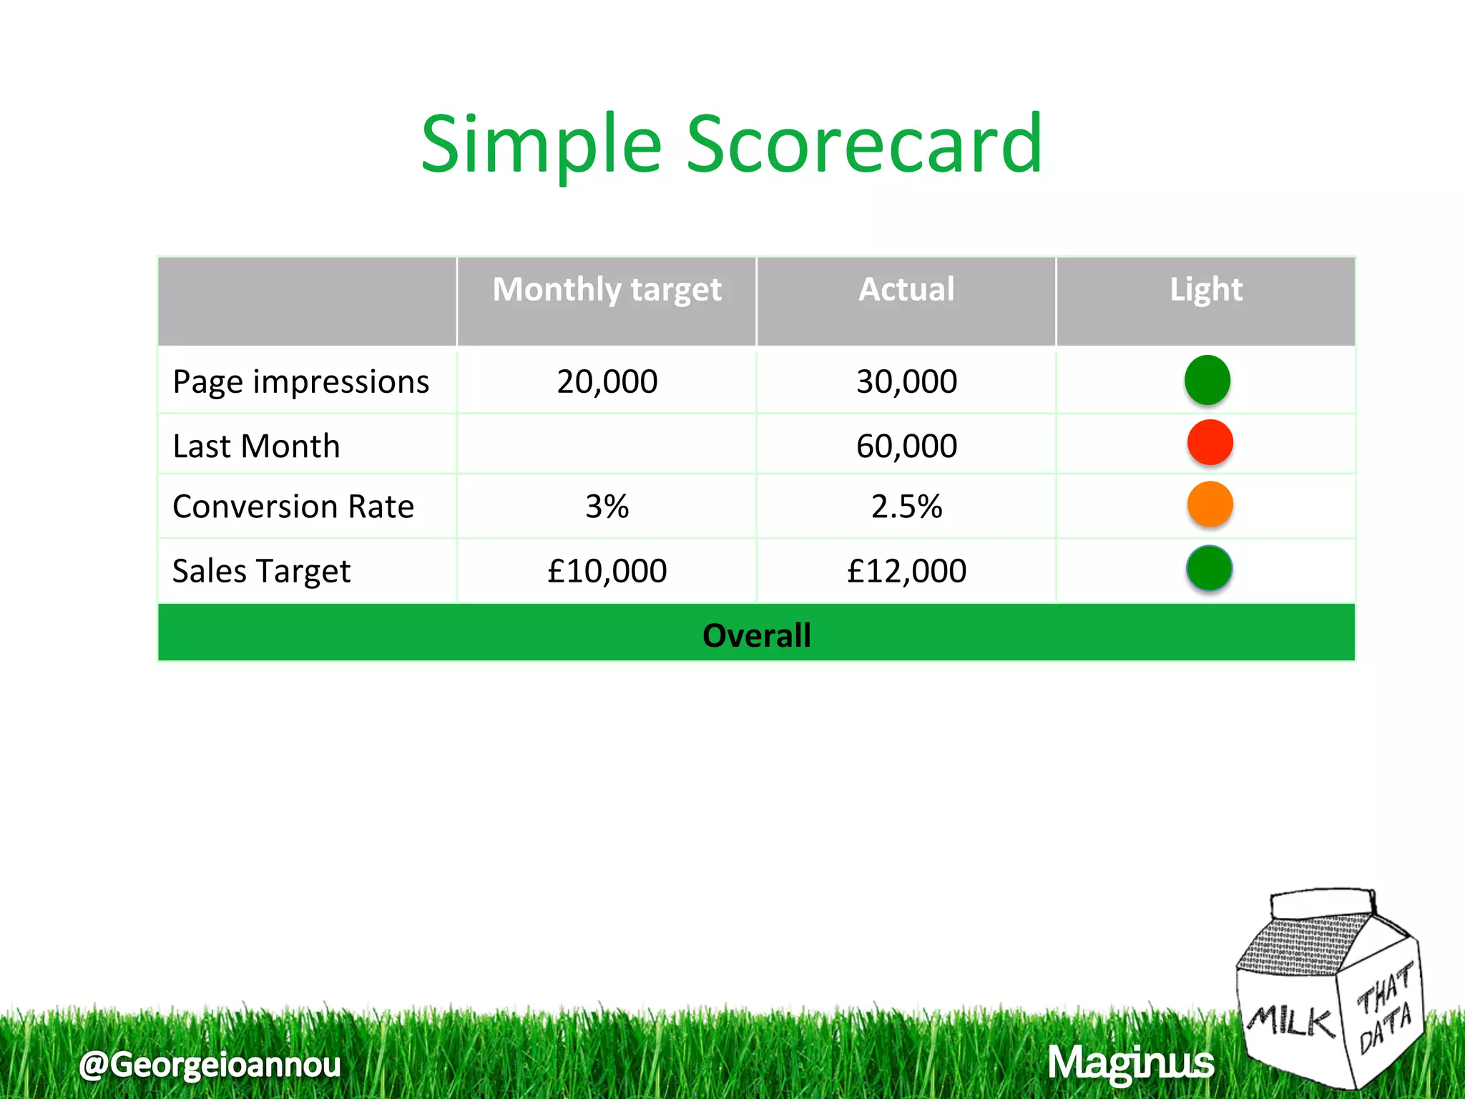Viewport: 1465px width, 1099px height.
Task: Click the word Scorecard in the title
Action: click(x=863, y=145)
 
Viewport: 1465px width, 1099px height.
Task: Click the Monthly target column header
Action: click(x=607, y=290)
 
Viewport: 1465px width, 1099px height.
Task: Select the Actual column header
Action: click(x=906, y=290)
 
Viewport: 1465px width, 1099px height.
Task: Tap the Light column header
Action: click(x=1206, y=290)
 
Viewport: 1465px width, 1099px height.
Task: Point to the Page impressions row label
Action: click(x=300, y=382)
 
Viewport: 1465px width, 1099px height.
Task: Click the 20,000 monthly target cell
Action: click(x=607, y=381)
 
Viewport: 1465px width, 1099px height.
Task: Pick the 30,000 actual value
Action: click(x=906, y=381)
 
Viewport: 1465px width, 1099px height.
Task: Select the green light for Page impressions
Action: click(x=1207, y=380)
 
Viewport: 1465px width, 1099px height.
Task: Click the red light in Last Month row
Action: click(x=1210, y=442)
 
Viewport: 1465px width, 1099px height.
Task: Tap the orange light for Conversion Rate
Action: click(x=1210, y=504)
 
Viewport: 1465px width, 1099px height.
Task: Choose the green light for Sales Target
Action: click(x=1209, y=568)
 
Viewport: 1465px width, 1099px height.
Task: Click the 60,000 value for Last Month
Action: click(x=906, y=446)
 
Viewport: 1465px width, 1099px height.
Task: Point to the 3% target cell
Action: click(x=607, y=507)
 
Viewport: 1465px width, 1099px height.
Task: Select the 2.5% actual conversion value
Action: click(x=906, y=507)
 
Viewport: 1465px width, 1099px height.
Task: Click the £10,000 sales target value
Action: click(x=607, y=571)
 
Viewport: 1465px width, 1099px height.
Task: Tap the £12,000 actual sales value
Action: click(x=906, y=571)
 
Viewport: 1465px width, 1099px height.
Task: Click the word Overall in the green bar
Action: click(x=756, y=635)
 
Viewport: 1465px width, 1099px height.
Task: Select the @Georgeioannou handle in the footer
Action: click(x=210, y=1065)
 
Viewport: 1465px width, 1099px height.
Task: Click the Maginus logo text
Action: click(x=1130, y=1063)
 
